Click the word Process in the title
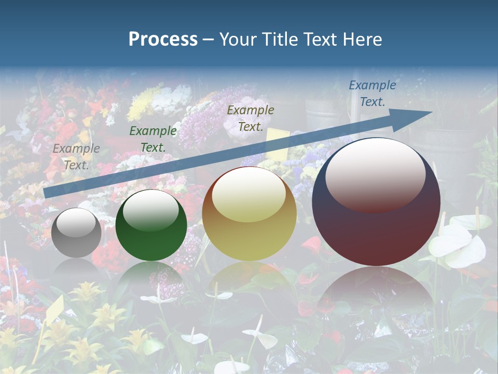click(x=163, y=39)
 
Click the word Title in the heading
click(x=276, y=39)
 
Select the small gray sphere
click(x=76, y=233)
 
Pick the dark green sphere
click(x=151, y=226)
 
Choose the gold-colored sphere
click(x=249, y=215)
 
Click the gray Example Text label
click(x=76, y=157)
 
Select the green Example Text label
click(x=153, y=139)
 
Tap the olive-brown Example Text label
click(x=251, y=118)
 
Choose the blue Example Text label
click(x=372, y=94)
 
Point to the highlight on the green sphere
click(x=150, y=210)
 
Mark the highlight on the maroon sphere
click(x=375, y=175)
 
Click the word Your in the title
click(x=236, y=39)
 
